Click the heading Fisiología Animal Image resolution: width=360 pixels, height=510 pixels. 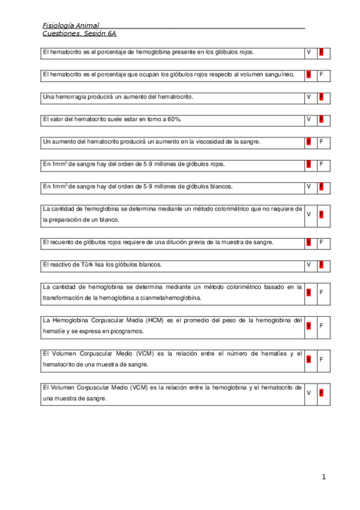[x=71, y=25]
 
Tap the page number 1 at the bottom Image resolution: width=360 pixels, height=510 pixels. [x=323, y=477]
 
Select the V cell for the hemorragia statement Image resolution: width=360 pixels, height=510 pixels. [x=309, y=97]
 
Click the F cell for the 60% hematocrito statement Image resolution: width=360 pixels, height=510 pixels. [x=322, y=119]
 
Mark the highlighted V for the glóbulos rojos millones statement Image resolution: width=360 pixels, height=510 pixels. [x=309, y=164]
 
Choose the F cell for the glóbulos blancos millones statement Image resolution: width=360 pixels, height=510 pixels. [x=322, y=186]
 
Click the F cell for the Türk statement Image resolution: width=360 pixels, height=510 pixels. [x=322, y=264]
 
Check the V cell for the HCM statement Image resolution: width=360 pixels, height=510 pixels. [x=309, y=325]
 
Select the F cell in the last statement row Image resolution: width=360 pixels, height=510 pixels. [x=322, y=393]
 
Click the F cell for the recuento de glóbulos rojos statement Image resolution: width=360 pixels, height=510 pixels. [x=322, y=242]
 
